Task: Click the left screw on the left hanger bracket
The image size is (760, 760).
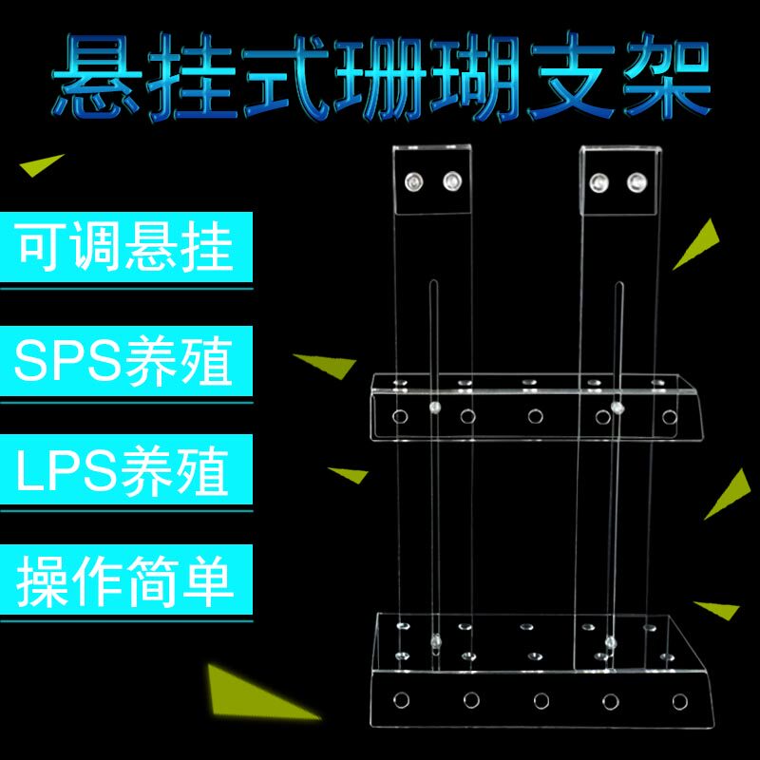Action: tap(413, 180)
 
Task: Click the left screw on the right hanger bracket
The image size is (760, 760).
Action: tap(599, 180)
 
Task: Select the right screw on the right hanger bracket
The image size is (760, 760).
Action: tap(635, 180)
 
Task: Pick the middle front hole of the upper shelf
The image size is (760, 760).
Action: tap(536, 416)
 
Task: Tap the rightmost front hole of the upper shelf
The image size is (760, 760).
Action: tap(670, 416)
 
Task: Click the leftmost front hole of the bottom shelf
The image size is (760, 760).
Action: tap(400, 700)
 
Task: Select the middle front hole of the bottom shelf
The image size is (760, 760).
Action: tap(541, 700)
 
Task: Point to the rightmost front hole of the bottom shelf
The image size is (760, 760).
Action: tap(678, 700)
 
